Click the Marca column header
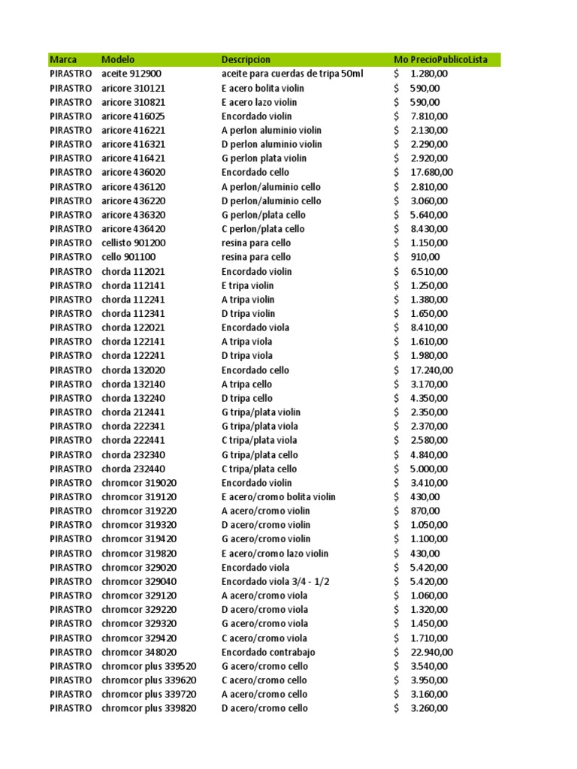pyautogui.click(x=63, y=59)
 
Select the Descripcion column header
pyautogui.click(x=246, y=59)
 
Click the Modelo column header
pyautogui.click(x=117, y=59)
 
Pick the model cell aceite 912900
pyautogui.click(x=131, y=74)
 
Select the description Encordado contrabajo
pyautogui.click(x=268, y=652)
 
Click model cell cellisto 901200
pyautogui.click(x=134, y=243)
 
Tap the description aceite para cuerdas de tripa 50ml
pyautogui.click(x=292, y=74)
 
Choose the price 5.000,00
pyautogui.click(x=429, y=469)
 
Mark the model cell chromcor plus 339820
pyautogui.click(x=149, y=708)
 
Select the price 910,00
pyautogui.click(x=425, y=257)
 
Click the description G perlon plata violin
pyautogui.click(x=264, y=158)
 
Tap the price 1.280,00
pyautogui.click(x=429, y=74)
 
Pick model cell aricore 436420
pyautogui.click(x=134, y=229)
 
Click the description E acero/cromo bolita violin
pyautogui.click(x=278, y=496)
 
